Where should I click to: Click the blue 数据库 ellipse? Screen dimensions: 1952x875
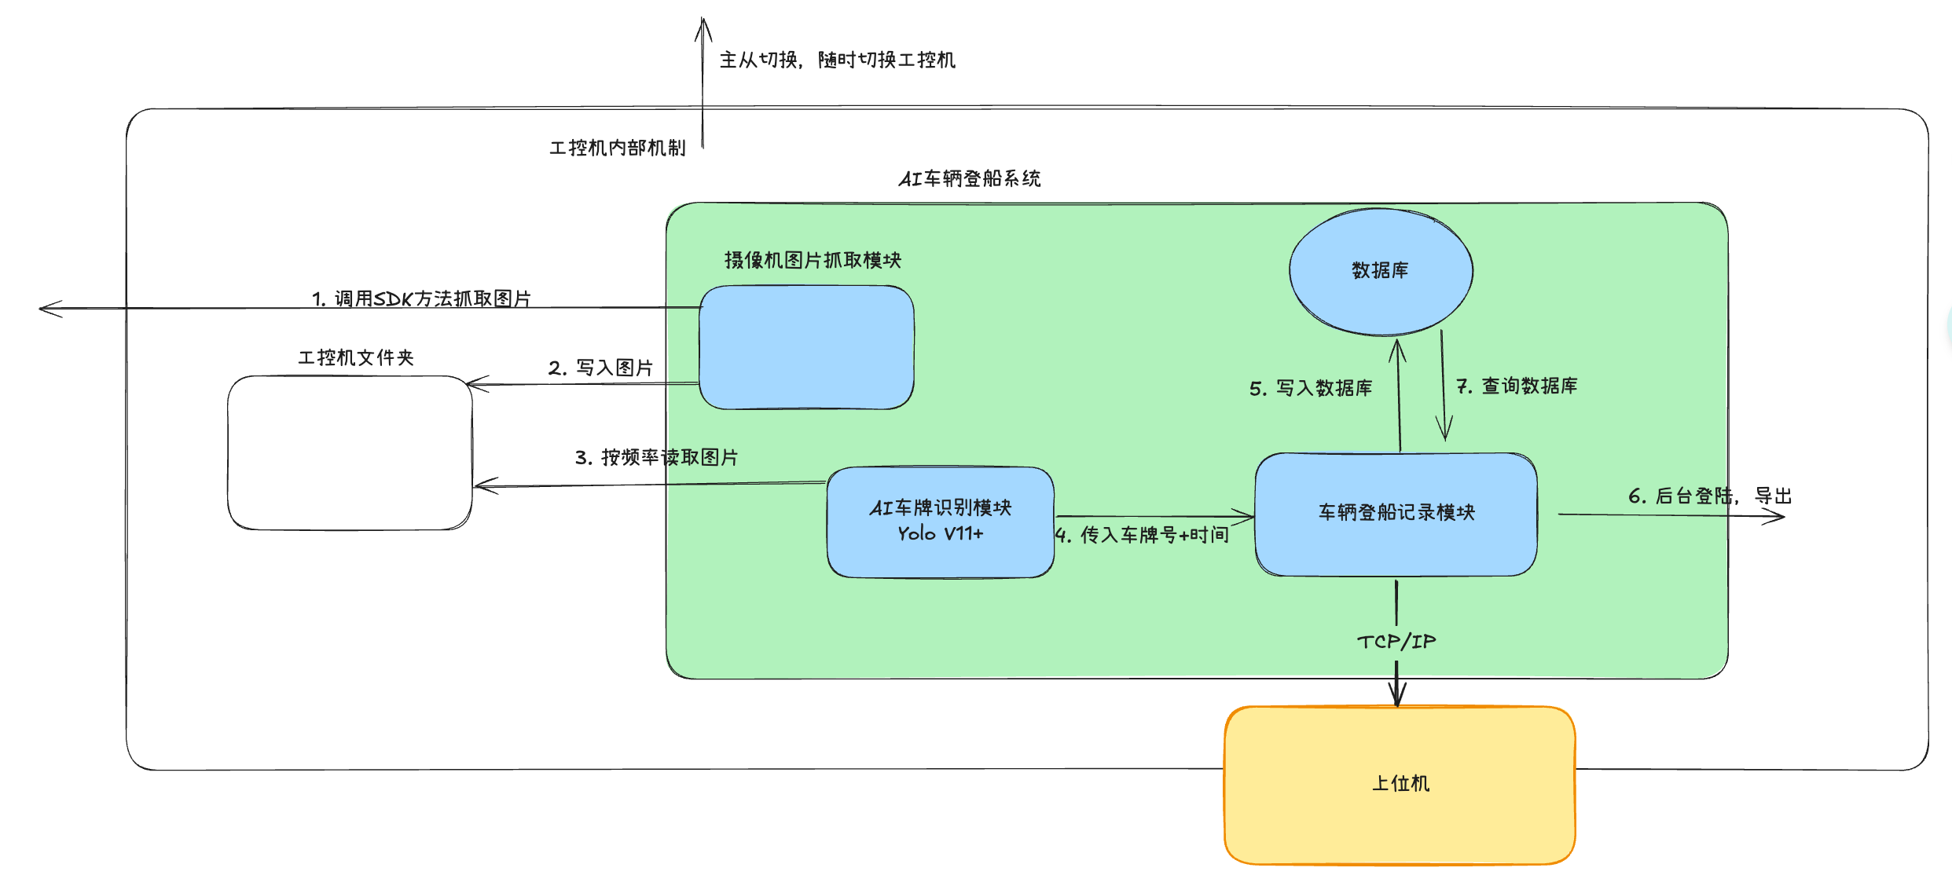click(x=1381, y=271)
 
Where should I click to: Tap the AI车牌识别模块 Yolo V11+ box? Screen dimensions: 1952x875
click(x=940, y=522)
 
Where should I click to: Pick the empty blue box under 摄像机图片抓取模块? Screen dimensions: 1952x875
click(x=806, y=347)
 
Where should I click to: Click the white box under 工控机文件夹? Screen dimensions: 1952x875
click(x=350, y=453)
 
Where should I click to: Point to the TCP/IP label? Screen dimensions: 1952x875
click(x=1396, y=642)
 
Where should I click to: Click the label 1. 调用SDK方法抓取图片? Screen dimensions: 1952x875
click(x=421, y=298)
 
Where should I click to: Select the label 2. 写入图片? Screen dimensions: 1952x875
click(x=600, y=368)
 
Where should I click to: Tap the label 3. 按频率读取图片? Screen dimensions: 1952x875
click(x=656, y=457)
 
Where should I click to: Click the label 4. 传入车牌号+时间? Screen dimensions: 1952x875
click(x=1142, y=535)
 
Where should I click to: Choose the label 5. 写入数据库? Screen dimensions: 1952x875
click(x=1310, y=388)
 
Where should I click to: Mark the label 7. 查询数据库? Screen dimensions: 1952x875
click(x=1517, y=386)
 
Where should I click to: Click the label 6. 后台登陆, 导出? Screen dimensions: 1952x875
click(x=1709, y=496)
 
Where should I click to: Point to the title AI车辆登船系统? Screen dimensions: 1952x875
click(x=970, y=179)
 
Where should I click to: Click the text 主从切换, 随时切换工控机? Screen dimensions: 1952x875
click(x=837, y=60)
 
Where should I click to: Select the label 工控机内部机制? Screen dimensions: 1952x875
click(x=617, y=148)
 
